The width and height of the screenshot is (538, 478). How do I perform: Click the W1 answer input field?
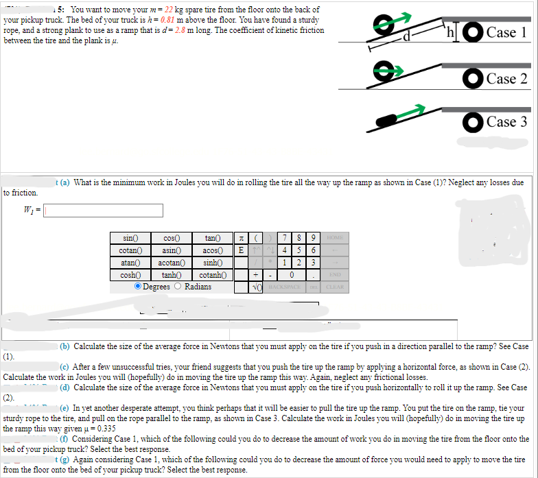[x=103, y=210]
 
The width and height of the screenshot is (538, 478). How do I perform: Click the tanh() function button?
[x=170, y=275]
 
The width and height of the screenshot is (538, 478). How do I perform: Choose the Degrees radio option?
[x=139, y=287]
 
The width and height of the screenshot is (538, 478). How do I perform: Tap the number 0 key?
[x=292, y=275]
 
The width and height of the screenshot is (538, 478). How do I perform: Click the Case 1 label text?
[x=506, y=32]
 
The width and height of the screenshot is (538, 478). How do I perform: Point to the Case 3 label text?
[x=506, y=121]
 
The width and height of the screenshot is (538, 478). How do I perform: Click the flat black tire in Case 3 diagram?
[x=386, y=121]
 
